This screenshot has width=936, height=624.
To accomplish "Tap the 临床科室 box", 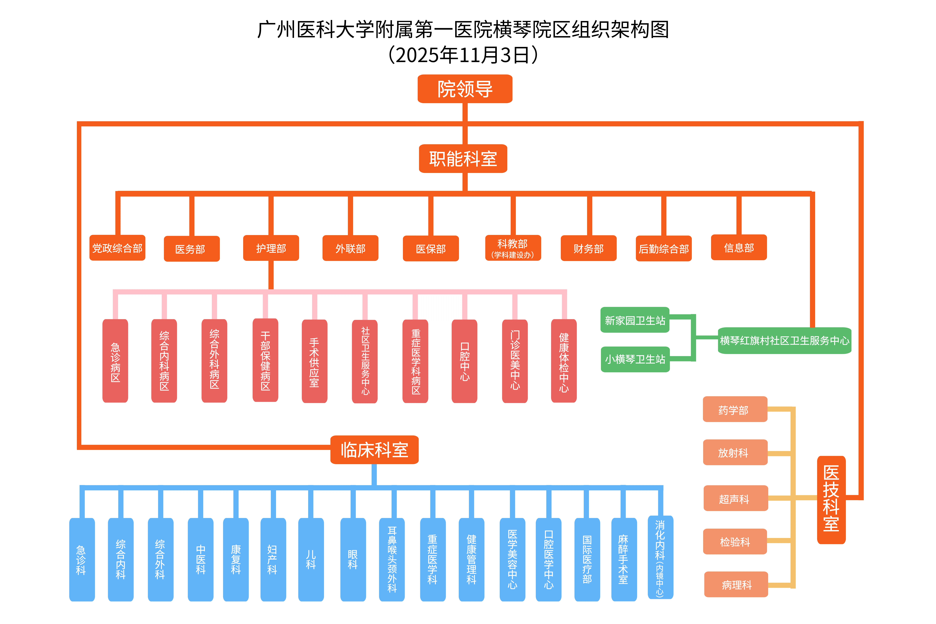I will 374,450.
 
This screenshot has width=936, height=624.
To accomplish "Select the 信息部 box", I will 739,248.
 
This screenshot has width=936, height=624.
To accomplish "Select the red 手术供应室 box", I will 314,361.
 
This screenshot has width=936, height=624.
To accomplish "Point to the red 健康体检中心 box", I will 563,361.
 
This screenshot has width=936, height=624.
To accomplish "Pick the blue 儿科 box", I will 311,559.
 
